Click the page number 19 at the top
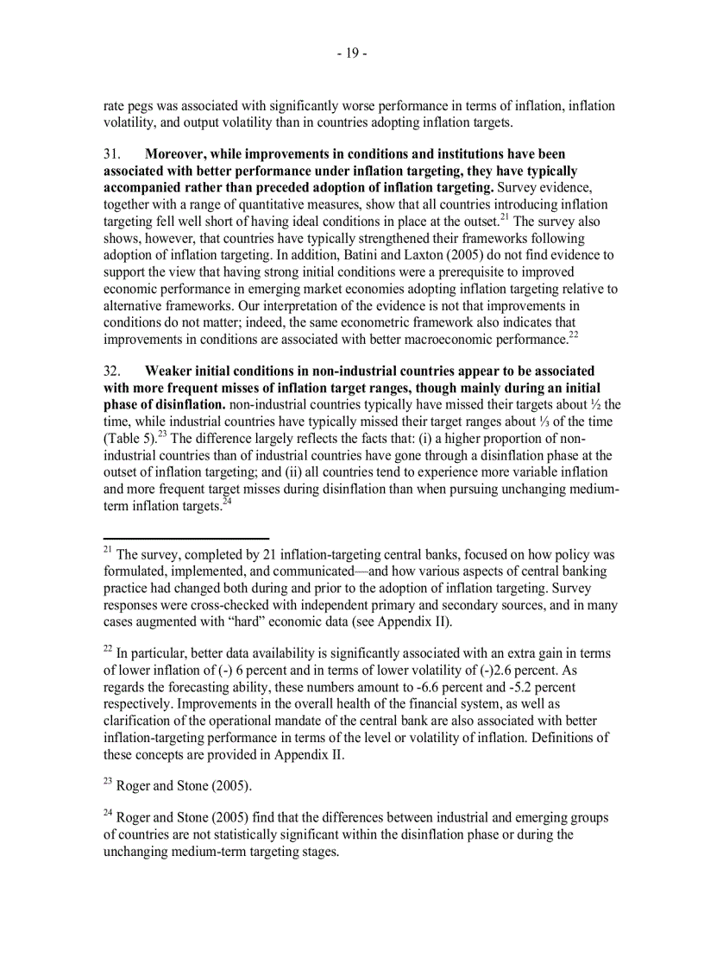pyautogui.click(x=352, y=53)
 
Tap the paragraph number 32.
pyautogui.click(x=112, y=372)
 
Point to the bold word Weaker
pyautogui.click(x=171, y=372)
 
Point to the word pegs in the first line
pyautogui.click(x=141, y=106)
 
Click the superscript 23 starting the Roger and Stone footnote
pyautogui.click(x=108, y=782)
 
